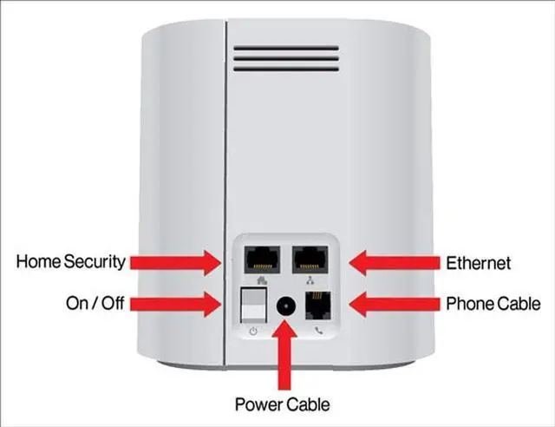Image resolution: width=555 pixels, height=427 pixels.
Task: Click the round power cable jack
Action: point(284,306)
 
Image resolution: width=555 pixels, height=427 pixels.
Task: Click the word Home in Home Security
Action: point(39,260)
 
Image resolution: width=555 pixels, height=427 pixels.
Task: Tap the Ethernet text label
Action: point(479,261)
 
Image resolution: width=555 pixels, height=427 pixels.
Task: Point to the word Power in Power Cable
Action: point(257,404)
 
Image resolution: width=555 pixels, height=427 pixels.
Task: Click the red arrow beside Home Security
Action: point(180,259)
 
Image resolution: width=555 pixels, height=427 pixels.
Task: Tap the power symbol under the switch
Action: point(252,332)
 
